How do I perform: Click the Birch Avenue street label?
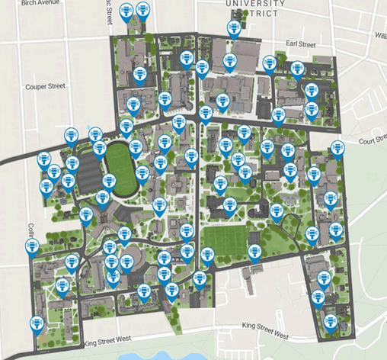pyautogui.click(x=40, y=3)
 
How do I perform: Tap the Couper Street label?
pyautogui.click(x=45, y=86)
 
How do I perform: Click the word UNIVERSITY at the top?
pyautogui.click(x=255, y=4)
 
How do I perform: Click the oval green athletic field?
pyautogui.click(x=120, y=162)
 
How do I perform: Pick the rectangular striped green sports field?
pyautogui.click(x=226, y=243)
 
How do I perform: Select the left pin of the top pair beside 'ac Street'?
pyautogui.click(x=126, y=10)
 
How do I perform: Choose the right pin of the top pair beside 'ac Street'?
pyautogui.click(x=142, y=10)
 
